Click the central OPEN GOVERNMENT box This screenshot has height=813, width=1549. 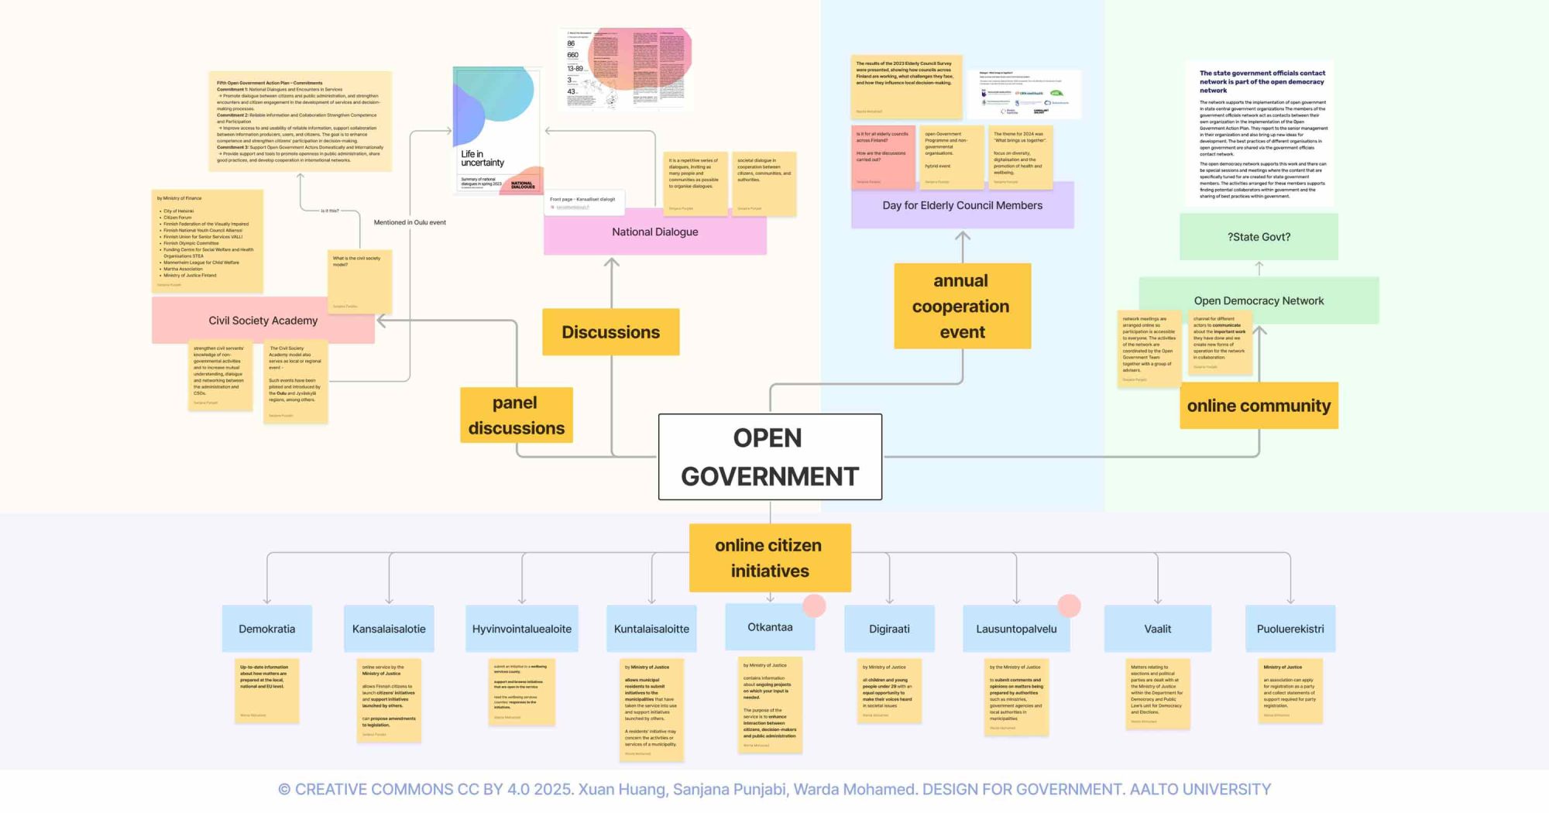point(770,457)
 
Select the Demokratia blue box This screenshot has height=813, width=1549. point(266,629)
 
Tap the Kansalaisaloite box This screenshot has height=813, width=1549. point(389,629)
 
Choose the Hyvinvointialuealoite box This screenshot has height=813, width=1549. point(522,629)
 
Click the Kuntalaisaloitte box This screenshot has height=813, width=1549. point(651,629)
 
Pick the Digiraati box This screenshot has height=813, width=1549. point(889,629)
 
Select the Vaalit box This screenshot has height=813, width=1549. point(1157,629)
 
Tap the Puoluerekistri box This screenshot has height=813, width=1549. point(1290,629)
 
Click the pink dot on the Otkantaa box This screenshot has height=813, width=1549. point(814,605)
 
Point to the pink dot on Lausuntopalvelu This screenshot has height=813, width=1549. point(1069,605)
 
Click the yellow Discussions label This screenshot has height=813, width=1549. point(610,332)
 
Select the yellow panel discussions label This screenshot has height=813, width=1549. point(516,415)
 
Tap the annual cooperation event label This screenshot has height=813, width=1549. point(962,306)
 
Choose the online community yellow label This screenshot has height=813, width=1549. point(1259,406)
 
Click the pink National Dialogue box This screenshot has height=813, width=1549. point(655,232)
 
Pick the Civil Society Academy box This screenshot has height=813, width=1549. point(263,321)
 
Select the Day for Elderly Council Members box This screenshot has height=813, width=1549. point(962,206)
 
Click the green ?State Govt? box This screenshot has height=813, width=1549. point(1259,237)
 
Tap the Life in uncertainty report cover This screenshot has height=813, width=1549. point(497,130)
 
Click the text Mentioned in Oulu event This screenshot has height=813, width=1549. point(410,222)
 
